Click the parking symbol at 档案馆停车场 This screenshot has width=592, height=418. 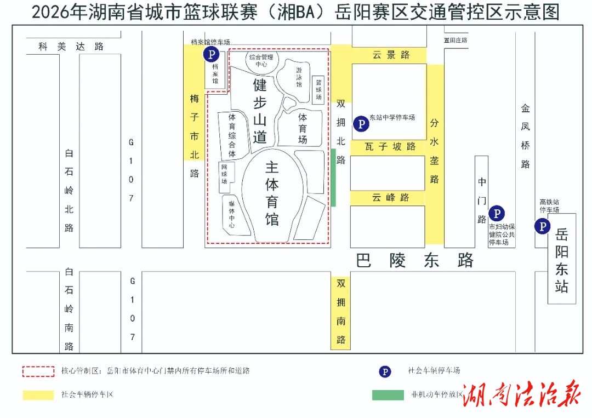[x=211, y=54]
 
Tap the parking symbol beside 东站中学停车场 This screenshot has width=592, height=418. [x=361, y=124]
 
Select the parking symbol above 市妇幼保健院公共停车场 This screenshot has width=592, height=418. [x=497, y=213]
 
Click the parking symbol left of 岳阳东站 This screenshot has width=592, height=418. [x=543, y=226]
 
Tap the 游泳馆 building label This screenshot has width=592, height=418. [x=299, y=77]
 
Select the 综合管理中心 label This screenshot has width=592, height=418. [x=261, y=60]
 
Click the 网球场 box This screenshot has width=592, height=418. [x=224, y=174]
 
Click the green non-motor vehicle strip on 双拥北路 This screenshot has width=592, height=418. [x=333, y=177]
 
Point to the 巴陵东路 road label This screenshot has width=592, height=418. [x=414, y=260]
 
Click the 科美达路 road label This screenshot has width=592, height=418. [x=71, y=47]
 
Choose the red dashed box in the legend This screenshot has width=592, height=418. [x=38, y=371]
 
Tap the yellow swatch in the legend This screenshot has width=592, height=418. [x=38, y=394]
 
